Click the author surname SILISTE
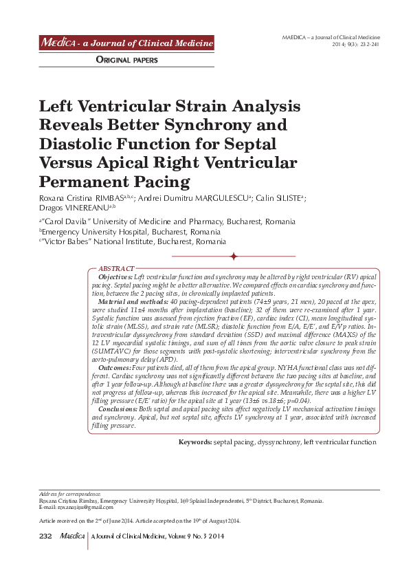[283, 198]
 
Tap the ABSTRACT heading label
[117, 268]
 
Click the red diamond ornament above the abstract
[234, 256]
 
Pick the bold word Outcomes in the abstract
[113, 369]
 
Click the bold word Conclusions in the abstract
[118, 409]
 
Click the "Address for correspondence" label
[69, 494]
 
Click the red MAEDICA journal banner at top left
[126, 44]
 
